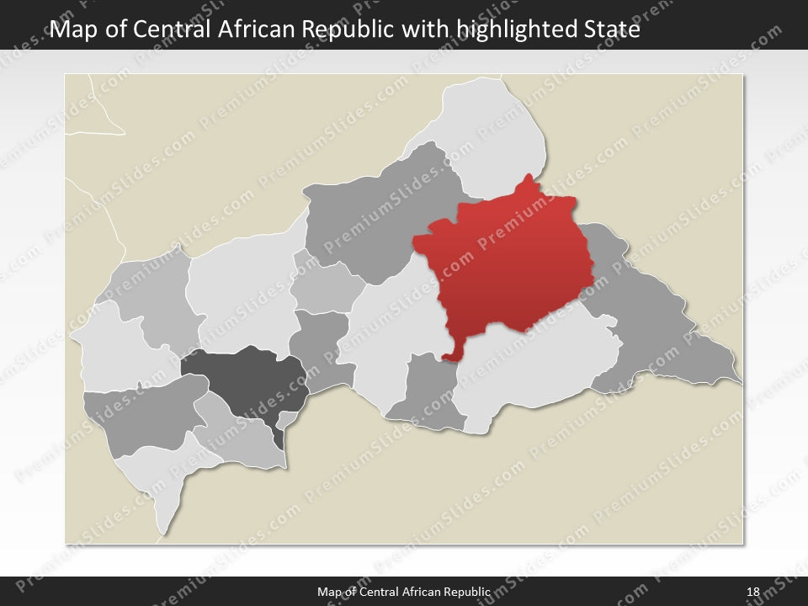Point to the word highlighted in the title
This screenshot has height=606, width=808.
pos(515,30)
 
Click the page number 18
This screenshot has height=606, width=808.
pos(752,593)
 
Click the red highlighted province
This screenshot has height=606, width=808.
pos(509,261)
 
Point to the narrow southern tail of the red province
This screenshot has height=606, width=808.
pos(455,348)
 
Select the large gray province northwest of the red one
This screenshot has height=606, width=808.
pos(379,210)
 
